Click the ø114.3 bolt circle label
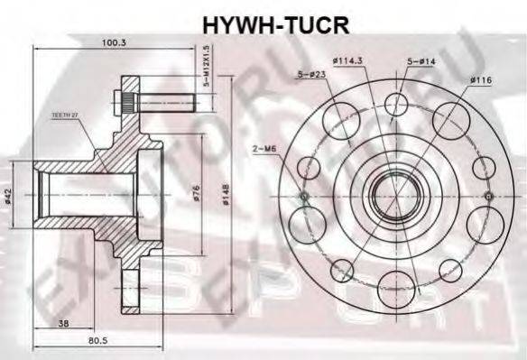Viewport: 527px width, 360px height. [x=347, y=60]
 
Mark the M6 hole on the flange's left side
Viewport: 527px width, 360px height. [x=304, y=196]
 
